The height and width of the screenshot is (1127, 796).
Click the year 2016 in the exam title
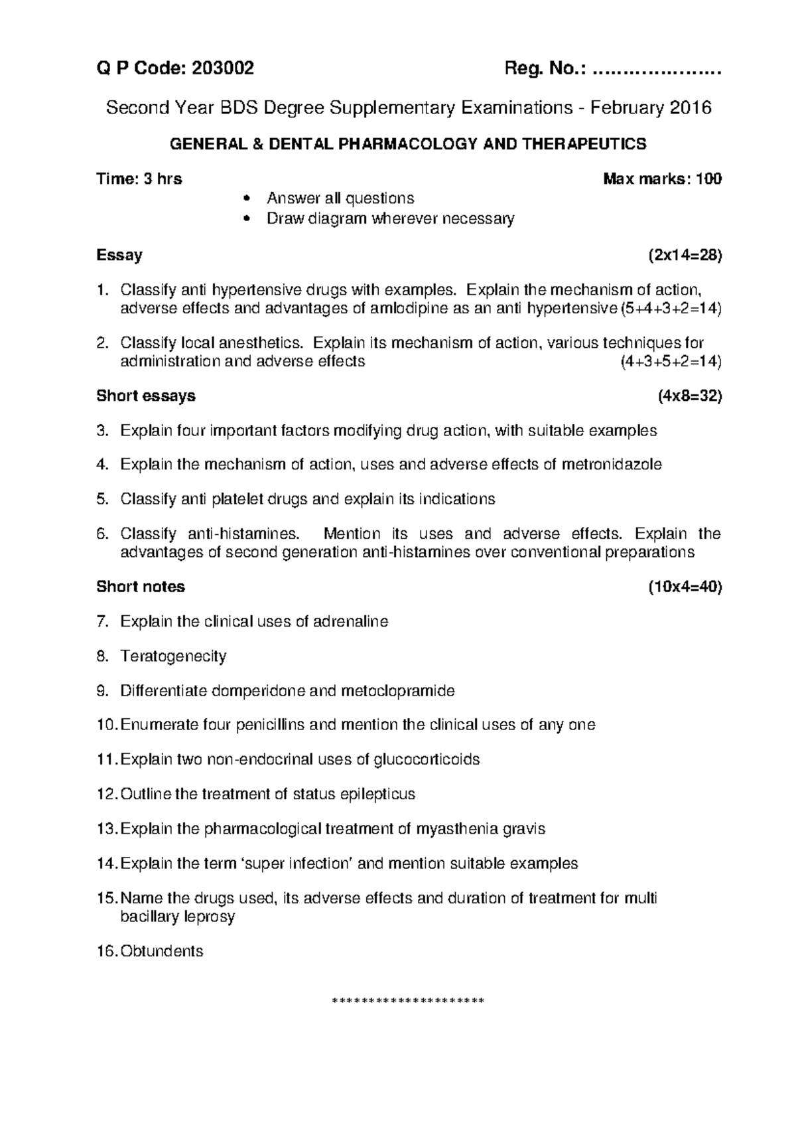click(690, 108)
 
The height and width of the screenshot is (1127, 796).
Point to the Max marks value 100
click(708, 179)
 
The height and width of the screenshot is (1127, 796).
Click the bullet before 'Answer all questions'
click(247, 199)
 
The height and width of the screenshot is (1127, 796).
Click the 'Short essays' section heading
click(146, 396)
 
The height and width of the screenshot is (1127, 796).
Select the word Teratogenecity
click(173, 656)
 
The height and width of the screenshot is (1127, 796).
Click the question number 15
click(106, 899)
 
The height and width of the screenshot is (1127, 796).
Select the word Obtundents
click(161, 951)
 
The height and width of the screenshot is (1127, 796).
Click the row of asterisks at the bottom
click(408, 1000)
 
